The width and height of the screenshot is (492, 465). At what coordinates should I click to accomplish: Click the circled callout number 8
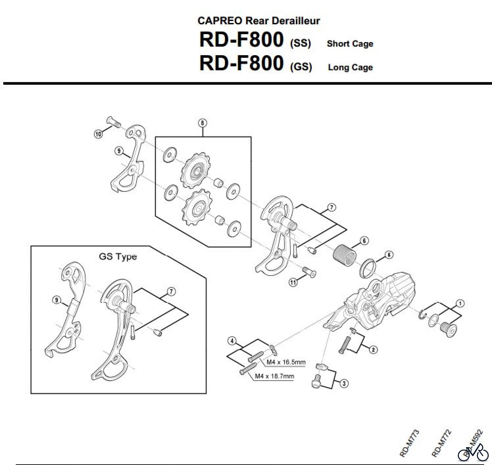pyautogui.click(x=202, y=123)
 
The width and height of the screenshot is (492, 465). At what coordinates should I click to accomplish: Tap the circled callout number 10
pyautogui.click(x=98, y=134)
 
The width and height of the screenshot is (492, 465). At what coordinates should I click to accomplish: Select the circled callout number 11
pyautogui.click(x=293, y=283)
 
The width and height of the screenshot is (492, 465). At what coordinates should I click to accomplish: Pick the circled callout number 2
pyautogui.click(x=373, y=350)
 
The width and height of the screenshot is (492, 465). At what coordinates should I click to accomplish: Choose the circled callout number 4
pyautogui.click(x=232, y=341)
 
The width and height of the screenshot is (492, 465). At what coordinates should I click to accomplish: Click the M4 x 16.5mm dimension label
pyautogui.click(x=286, y=362)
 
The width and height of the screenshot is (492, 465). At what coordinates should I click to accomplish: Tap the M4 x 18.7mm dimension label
pyautogui.click(x=274, y=376)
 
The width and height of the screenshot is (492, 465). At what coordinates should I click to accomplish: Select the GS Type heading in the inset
pyautogui.click(x=118, y=257)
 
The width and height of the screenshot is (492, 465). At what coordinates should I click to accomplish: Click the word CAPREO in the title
pyautogui.click(x=219, y=21)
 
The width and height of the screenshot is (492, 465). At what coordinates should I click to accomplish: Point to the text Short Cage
pyautogui.click(x=350, y=44)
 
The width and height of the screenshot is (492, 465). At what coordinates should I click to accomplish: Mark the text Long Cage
pyautogui.click(x=350, y=67)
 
